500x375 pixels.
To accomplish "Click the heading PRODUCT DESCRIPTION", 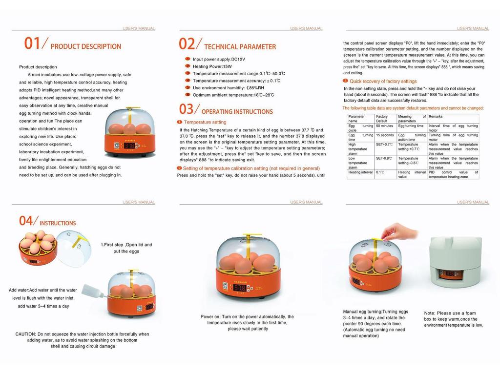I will [86, 47].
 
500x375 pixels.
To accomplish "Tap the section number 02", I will [187, 44].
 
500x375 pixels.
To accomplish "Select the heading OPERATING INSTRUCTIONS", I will [237, 112].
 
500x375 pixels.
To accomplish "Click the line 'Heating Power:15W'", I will [212, 66].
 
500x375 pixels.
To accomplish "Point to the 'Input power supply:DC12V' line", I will [218, 59].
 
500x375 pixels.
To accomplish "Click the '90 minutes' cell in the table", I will [384, 126].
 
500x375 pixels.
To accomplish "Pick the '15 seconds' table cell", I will [384, 135].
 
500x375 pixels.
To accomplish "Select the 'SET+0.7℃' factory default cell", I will [384, 145].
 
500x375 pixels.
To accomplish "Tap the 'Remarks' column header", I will [436, 117].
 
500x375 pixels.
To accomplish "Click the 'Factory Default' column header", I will [382, 119].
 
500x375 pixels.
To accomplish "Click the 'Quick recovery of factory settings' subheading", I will [383, 81].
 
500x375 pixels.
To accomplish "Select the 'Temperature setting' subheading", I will [205, 122].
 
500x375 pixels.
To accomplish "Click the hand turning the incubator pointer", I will [400, 231].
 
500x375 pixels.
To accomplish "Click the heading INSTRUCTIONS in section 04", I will [58, 223].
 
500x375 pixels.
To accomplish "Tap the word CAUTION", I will [25, 334].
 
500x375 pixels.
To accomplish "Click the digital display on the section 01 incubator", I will [130, 146].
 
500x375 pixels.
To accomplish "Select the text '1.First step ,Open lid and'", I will [126, 245].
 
